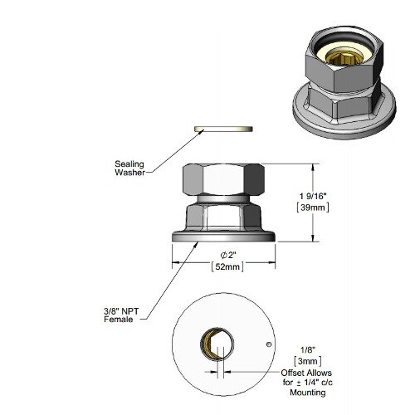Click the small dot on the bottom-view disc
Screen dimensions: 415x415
[267, 343]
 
